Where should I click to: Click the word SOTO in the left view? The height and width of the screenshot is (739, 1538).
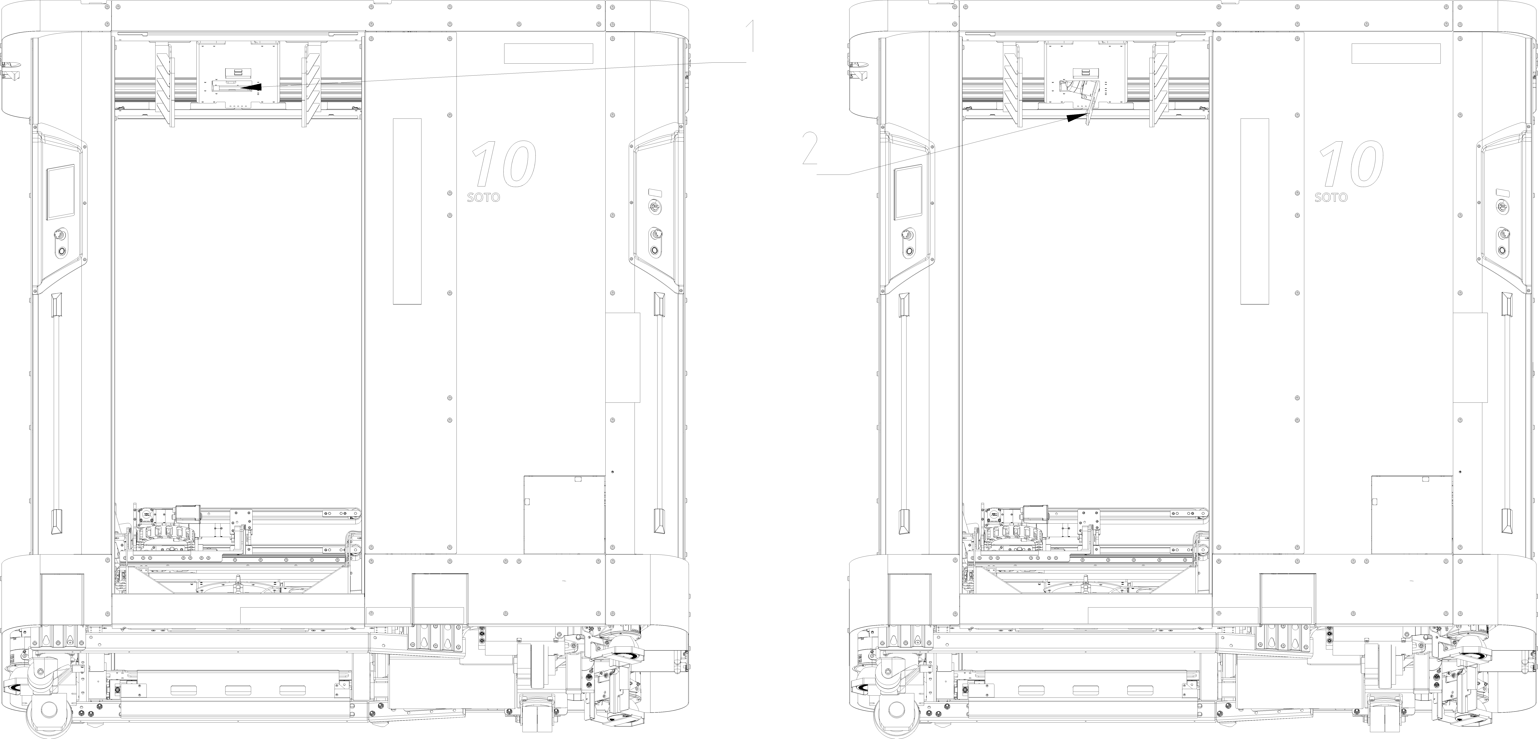click(484, 197)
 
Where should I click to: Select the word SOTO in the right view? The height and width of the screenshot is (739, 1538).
click(1331, 197)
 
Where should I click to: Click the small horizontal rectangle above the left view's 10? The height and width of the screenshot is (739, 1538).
click(548, 53)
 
